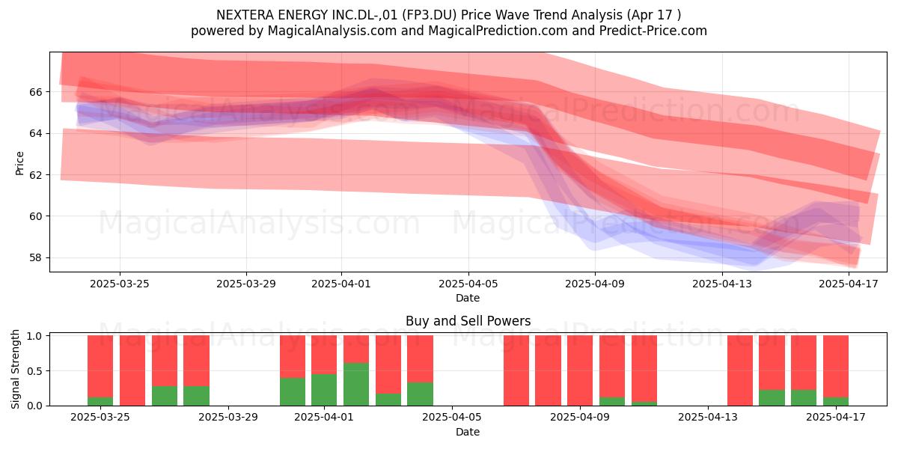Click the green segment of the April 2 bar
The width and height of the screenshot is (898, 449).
[356, 384]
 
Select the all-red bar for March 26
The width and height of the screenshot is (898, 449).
[132, 370]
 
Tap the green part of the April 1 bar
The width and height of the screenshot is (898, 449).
[324, 390]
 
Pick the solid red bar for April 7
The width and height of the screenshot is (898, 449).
[516, 370]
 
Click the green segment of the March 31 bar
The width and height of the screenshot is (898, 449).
[293, 391]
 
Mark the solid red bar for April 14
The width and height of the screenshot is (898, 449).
[740, 370]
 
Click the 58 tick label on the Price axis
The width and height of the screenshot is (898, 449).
[35, 257]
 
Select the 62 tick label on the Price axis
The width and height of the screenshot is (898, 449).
[35, 175]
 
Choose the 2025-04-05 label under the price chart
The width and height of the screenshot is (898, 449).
[468, 284]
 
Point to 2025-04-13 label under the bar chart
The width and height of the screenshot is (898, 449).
[708, 417]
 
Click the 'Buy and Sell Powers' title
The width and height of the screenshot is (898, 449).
[468, 321]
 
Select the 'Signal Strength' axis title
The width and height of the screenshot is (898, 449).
[15, 369]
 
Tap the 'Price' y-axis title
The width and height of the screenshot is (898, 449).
[19, 163]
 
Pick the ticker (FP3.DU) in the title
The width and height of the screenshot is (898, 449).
[429, 15]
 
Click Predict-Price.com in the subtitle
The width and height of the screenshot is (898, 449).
[653, 31]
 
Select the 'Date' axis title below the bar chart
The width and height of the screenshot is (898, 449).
[468, 432]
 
